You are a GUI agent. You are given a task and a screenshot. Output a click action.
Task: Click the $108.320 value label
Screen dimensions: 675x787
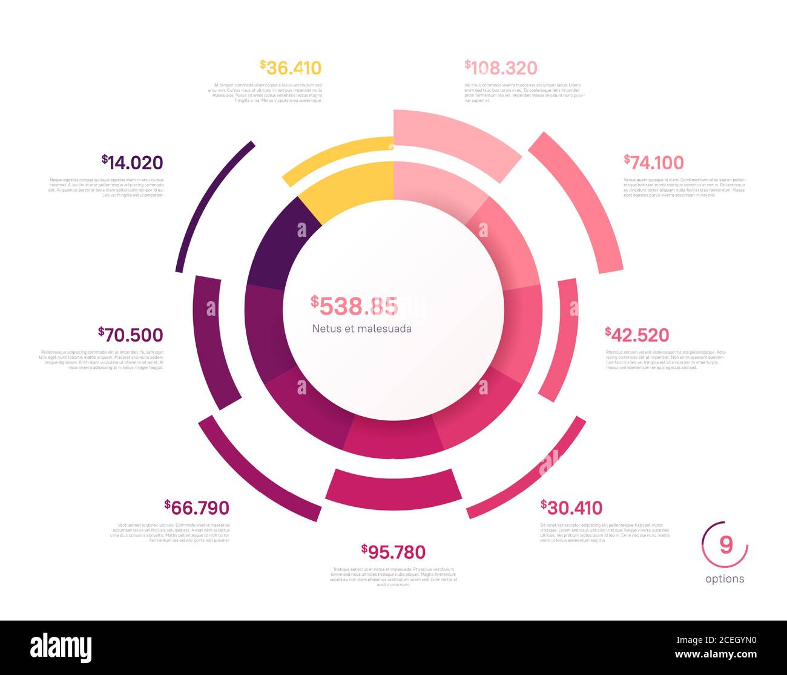501,68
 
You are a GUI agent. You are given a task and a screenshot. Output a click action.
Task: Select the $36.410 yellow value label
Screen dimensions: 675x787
291,68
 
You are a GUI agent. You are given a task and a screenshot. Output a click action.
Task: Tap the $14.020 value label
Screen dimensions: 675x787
133,163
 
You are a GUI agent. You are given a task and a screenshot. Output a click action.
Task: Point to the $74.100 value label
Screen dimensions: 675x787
654,163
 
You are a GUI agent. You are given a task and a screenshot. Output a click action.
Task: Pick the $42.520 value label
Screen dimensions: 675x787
637,335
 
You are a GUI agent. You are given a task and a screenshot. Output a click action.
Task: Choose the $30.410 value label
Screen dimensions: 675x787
571,507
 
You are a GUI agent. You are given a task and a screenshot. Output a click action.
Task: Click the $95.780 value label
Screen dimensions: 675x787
393,552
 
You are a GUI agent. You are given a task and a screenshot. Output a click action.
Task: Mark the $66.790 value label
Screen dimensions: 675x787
197,507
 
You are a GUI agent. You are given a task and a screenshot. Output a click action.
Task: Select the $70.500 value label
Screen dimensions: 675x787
130,335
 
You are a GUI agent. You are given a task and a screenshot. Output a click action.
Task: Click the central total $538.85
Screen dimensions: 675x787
355,307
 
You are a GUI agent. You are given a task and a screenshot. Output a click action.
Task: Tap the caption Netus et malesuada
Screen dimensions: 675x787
362,329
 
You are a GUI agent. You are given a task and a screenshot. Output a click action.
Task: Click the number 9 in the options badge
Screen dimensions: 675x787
725,545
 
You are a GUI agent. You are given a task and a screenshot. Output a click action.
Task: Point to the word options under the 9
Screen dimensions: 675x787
725,579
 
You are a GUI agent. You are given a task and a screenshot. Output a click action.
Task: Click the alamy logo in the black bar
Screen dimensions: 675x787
61,648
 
